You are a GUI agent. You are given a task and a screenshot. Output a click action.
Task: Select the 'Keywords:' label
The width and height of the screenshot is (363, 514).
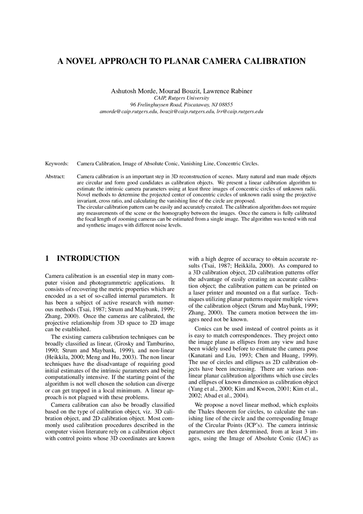[57, 164]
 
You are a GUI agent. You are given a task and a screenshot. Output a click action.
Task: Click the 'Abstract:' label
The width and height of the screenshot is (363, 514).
[55, 177]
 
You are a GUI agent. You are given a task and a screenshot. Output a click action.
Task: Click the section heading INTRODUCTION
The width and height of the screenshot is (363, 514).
[88, 258]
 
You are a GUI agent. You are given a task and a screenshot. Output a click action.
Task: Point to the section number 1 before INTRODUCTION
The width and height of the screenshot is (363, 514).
[47, 258]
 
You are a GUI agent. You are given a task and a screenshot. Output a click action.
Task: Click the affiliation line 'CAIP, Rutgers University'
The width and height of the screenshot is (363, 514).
[181, 98]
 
